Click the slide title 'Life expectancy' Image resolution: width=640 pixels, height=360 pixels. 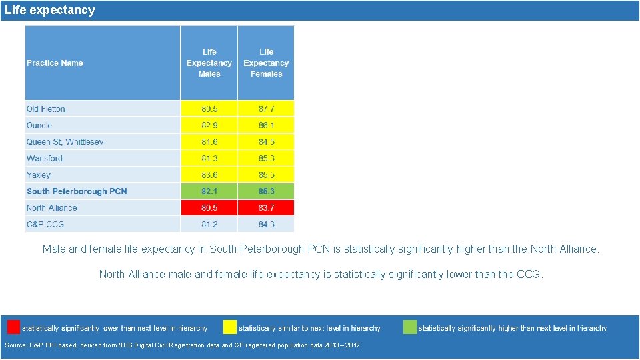tap(50, 10)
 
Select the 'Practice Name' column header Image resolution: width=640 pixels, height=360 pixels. tap(55, 63)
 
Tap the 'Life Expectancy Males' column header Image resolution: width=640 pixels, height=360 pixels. tap(209, 63)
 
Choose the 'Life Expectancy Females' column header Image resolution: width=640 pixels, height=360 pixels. tap(266, 63)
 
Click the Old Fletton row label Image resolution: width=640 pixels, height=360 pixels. tap(46, 109)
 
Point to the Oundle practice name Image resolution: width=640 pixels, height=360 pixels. tap(39, 125)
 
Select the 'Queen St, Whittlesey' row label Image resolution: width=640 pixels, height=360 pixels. tap(65, 142)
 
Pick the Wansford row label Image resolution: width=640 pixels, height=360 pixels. tap(45, 159)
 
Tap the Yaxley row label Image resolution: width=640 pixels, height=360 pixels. tap(39, 175)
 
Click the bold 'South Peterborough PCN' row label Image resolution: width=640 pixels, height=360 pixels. tap(77, 191)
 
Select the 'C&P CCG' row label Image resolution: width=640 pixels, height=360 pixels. tap(45, 225)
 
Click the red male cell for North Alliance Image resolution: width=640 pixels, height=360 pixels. tap(209, 208)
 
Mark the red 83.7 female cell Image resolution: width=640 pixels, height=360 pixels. tap(266, 208)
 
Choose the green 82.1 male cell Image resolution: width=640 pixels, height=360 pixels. tap(209, 191)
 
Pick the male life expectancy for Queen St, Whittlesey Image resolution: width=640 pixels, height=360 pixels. tap(209, 142)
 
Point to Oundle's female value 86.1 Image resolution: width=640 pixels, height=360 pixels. tap(266, 125)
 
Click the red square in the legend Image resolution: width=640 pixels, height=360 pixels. tap(13, 327)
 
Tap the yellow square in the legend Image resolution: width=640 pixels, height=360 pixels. tap(230, 327)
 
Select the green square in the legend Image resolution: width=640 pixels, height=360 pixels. tap(410, 327)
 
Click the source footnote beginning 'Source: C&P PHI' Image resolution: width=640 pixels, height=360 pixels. tap(182, 345)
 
